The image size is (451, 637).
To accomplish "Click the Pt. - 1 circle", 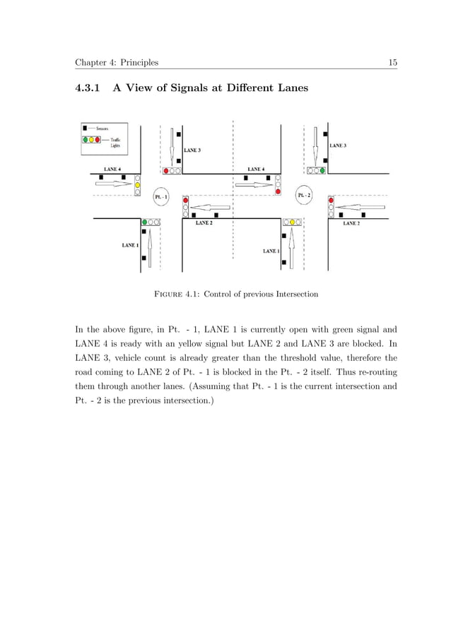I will tap(161, 196).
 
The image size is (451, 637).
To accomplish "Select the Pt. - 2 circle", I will tap(305, 195).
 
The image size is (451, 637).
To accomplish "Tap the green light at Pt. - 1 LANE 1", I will tap(144, 222).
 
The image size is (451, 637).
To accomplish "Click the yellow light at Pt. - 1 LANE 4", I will tap(138, 185).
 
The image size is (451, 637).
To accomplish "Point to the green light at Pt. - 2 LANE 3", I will tap(322, 170).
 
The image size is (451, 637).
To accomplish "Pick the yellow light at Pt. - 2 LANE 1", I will tap(291, 222).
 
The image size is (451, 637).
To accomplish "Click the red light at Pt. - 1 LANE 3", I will tap(166, 171).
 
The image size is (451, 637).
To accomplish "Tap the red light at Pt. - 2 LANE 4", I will tap(278, 191).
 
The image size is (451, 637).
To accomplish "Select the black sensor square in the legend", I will tap(85, 129).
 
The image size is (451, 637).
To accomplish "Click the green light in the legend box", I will tap(85, 140).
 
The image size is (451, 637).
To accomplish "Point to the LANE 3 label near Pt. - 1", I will tap(192, 150).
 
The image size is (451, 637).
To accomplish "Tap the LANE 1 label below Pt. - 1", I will tap(130, 245).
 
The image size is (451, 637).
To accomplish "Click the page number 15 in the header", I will tap(392, 63).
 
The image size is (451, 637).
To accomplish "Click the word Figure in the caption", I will tap(170, 293).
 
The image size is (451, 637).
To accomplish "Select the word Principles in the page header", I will tap(141, 64).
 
